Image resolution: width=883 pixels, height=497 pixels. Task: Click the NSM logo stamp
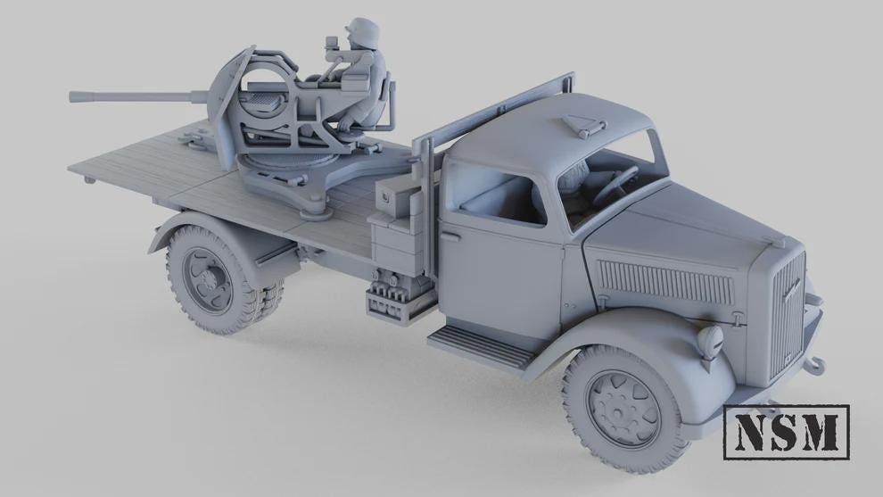786,432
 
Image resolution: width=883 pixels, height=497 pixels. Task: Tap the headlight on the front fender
711,340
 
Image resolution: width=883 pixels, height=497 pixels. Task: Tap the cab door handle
451,236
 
